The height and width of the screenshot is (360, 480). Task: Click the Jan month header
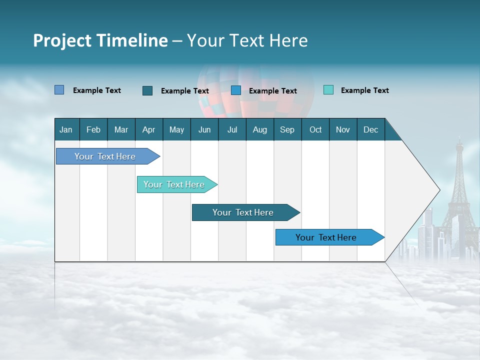pyautogui.click(x=66, y=129)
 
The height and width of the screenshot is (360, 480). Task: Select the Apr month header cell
pyautogui.click(x=148, y=129)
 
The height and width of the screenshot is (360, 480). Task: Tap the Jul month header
pyautogui.click(x=232, y=129)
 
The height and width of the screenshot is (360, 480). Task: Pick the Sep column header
pyautogui.click(x=287, y=129)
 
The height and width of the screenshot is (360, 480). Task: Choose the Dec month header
pyautogui.click(x=370, y=129)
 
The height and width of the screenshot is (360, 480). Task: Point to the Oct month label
pyautogui.click(x=315, y=129)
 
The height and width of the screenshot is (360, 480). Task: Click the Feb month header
pyautogui.click(x=93, y=129)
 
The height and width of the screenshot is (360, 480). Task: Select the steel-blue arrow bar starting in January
pyautogui.click(x=105, y=156)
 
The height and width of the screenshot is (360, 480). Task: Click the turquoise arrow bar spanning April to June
pyautogui.click(x=174, y=184)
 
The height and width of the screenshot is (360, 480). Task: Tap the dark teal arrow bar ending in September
pyautogui.click(x=243, y=212)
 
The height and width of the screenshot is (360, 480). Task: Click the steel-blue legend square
pyautogui.click(x=59, y=90)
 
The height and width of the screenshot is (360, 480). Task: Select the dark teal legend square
pyautogui.click(x=147, y=90)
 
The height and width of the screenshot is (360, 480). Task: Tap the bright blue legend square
pyautogui.click(x=236, y=90)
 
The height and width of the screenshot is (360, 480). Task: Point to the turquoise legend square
pyautogui.click(x=328, y=90)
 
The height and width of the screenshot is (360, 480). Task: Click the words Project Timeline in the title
pyautogui.click(x=100, y=40)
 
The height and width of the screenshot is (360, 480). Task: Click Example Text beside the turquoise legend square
pyautogui.click(x=364, y=90)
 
